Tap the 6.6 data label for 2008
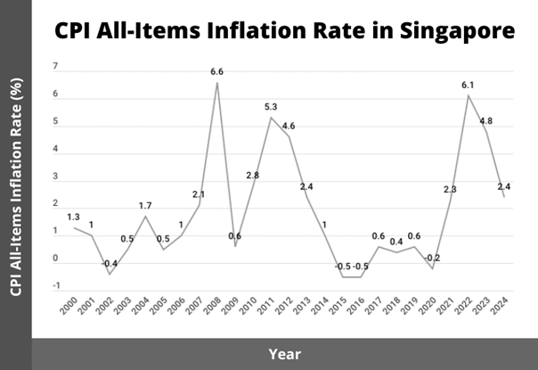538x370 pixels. click(x=216, y=72)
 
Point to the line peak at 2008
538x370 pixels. click(x=216, y=83)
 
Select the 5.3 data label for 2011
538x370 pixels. click(x=271, y=107)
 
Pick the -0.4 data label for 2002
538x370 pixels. click(x=108, y=264)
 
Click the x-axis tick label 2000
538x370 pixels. click(x=70, y=306)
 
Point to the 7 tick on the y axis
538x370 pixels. click(x=55, y=67)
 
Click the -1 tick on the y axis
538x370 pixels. click(x=55, y=286)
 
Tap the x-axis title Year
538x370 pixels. click(x=285, y=354)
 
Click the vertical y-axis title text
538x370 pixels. click(x=16, y=185)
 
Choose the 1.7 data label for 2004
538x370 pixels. click(x=145, y=206)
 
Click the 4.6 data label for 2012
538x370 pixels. click(x=288, y=126)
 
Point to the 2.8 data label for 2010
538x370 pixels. click(x=252, y=176)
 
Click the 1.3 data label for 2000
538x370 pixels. click(x=73, y=217)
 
